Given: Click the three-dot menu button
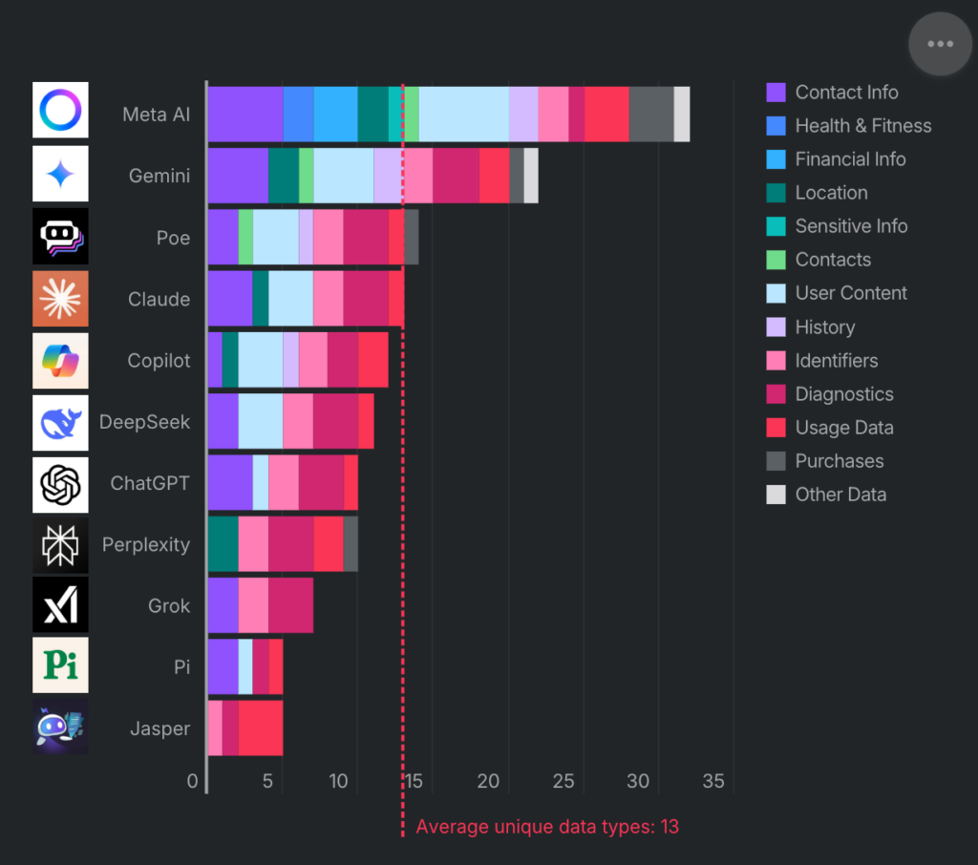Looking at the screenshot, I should (x=940, y=44).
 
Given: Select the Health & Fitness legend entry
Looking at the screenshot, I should (x=862, y=126).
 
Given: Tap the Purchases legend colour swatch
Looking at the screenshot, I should (x=776, y=461).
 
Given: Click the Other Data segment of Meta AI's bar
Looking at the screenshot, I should (x=682, y=114).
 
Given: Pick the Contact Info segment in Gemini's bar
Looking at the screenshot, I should (x=238, y=175).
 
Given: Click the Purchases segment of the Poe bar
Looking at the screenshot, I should (x=412, y=237).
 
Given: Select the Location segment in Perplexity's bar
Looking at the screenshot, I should (x=223, y=544).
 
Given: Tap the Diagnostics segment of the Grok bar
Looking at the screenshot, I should (x=290, y=605).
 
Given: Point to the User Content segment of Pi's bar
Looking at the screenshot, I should (x=245, y=666).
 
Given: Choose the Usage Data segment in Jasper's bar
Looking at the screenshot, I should (x=261, y=728).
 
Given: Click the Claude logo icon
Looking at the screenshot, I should (x=60, y=299).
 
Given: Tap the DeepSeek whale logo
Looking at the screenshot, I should (x=60, y=422).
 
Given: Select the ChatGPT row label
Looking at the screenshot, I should (x=150, y=483).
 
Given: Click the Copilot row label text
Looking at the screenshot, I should (x=159, y=361).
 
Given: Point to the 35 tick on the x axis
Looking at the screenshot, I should (x=713, y=781).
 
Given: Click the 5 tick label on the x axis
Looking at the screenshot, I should (x=267, y=781).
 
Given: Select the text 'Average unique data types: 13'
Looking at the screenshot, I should (x=547, y=827).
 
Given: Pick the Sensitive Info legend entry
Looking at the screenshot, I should (x=851, y=226).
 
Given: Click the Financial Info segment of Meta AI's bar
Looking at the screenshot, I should (x=335, y=114).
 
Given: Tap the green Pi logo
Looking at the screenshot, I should (x=60, y=665).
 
